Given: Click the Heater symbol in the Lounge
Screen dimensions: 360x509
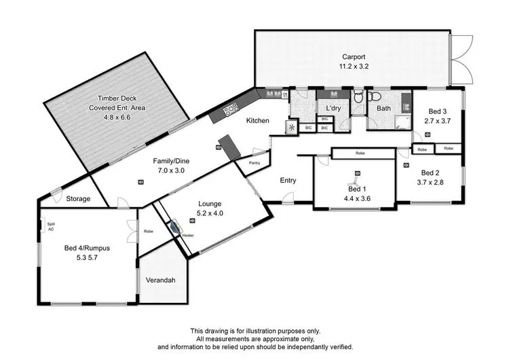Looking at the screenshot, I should pyautogui.click(x=176, y=229).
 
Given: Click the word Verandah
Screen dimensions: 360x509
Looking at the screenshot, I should pyautogui.click(x=162, y=280).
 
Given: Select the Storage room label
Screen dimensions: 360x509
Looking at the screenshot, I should pyautogui.click(x=79, y=198).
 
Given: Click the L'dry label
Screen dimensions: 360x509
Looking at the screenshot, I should pyautogui.click(x=333, y=109).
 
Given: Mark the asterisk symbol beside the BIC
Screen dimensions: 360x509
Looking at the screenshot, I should pyautogui.click(x=293, y=127).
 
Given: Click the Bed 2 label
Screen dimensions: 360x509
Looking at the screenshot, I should pyautogui.click(x=430, y=173).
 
